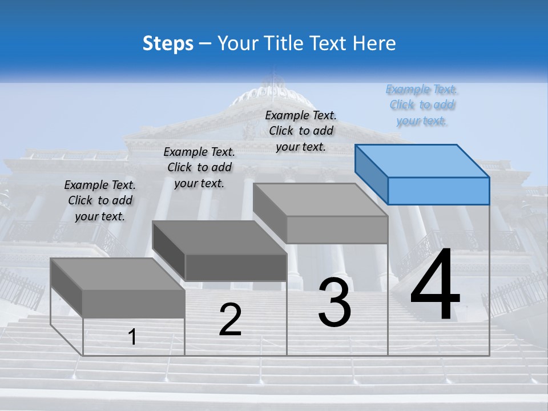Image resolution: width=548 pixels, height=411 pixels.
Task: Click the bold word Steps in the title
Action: point(168,43)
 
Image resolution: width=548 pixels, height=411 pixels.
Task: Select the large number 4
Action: point(435,285)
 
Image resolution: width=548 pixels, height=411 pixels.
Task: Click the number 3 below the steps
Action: point(335,303)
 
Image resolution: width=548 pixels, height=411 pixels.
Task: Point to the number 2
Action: point(230,320)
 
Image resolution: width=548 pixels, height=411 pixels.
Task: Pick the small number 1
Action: point(132,337)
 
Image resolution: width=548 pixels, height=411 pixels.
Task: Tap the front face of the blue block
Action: point(438,191)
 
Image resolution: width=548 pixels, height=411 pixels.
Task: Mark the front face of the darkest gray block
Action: point(235,267)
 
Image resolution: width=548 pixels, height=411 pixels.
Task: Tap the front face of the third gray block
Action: point(337,229)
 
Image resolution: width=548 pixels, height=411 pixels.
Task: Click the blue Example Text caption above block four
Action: point(422,105)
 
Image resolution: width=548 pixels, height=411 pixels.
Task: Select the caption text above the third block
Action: point(301,131)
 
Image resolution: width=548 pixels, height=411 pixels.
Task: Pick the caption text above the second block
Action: point(199,167)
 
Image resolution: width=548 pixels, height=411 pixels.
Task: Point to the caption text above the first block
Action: point(100,200)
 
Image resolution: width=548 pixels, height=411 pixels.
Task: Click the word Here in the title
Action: point(376,43)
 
